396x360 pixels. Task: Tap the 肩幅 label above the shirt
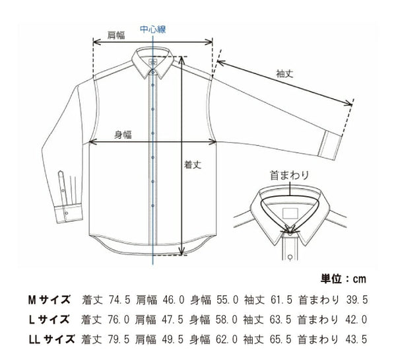116,36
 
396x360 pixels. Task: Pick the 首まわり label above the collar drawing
285,176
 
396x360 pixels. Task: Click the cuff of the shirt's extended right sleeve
335,145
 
